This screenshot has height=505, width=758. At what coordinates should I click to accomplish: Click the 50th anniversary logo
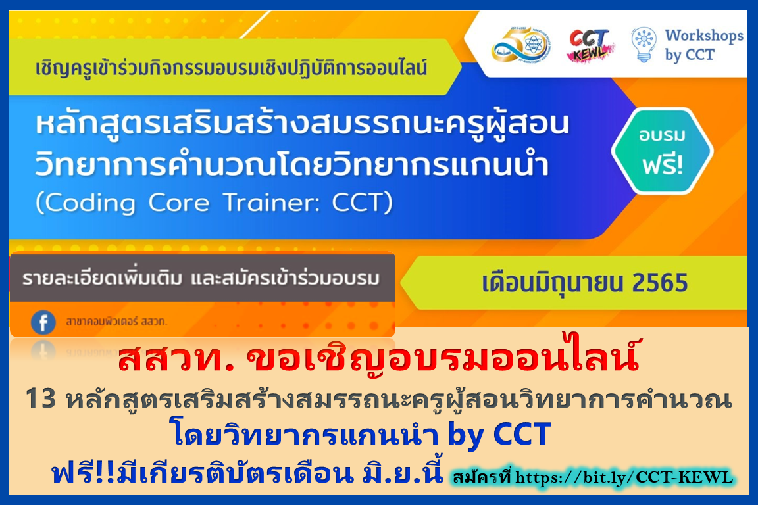coord(520,45)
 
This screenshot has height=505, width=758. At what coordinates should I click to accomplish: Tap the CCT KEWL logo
coord(590,45)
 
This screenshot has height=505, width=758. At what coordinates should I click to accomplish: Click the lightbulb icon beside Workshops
coord(644,45)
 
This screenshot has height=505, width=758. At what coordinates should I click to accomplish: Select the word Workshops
coord(704,36)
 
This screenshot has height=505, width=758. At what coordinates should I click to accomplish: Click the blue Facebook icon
coord(43,322)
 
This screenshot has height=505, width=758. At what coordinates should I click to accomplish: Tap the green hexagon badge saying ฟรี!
coord(662,151)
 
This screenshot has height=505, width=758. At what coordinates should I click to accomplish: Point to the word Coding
coord(90,203)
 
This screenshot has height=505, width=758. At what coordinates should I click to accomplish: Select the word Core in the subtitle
coord(179,203)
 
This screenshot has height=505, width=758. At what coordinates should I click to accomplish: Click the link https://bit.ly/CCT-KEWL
coord(624,477)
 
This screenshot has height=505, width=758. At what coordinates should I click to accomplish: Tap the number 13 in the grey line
coord(41,399)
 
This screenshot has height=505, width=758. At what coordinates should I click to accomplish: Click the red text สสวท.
coord(176,358)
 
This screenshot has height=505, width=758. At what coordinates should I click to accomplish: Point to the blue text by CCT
coord(499,434)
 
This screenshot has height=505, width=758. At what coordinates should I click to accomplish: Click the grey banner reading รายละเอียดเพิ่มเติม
coord(203,278)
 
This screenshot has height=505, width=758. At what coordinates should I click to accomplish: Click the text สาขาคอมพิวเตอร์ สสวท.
coord(116,322)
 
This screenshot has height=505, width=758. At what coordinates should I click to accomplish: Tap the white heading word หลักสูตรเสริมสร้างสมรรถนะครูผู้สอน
coord(303,124)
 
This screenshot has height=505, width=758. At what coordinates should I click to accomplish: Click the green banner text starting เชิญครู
coord(231,68)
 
